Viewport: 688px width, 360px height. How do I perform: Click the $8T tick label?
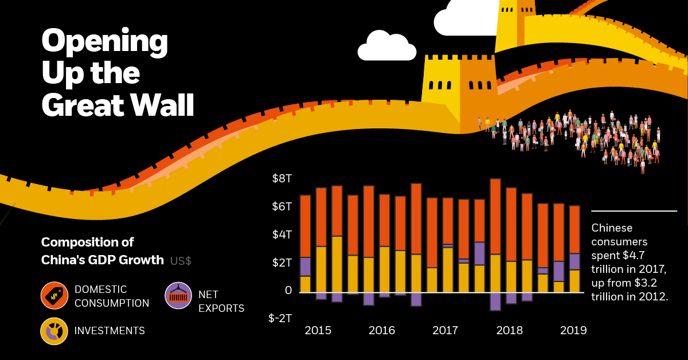coord(282,178)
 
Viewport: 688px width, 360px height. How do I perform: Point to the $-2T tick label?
coord(280,318)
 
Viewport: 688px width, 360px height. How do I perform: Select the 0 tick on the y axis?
coord(288,290)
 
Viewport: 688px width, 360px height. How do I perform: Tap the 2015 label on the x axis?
coord(318,330)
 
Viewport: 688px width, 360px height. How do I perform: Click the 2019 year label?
coord(573,330)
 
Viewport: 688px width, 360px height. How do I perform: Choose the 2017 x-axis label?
coord(445,330)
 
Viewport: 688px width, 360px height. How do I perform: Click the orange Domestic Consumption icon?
coord(54,296)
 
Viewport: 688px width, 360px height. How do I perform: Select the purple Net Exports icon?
coord(179,296)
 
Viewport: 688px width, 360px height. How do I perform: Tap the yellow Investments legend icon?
coord(54,331)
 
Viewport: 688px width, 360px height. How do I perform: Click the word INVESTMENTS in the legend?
coord(110,331)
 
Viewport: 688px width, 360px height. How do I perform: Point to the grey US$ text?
coord(181,260)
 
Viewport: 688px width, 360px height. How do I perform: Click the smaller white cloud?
coord(387,47)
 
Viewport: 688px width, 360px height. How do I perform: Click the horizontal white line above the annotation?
coord(634,211)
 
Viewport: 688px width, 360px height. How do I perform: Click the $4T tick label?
coord(282,234)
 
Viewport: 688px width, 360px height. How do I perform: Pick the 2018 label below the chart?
coord(510,330)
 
